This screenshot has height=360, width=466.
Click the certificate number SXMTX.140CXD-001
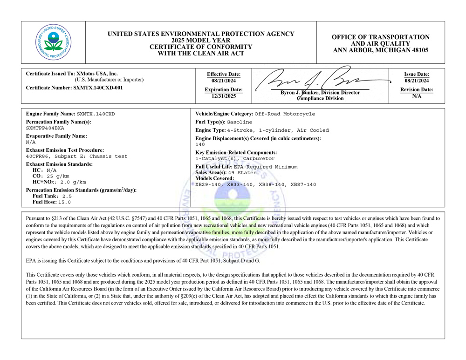[98, 88]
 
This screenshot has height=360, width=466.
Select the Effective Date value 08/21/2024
[224, 81]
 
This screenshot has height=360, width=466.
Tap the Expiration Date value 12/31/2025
[224, 96]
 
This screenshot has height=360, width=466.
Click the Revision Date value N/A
[417, 96]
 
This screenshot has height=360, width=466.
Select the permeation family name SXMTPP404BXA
[45, 128]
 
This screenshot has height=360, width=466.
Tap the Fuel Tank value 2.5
[67, 196]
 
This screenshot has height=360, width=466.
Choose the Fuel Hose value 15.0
[65, 202]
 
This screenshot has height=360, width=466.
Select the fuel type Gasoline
[240, 122]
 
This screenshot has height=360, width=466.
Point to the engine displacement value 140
[200, 144]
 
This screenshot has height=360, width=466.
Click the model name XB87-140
[304, 184]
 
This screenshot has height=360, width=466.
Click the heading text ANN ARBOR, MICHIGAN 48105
[380, 50]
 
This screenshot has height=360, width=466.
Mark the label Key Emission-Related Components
[236, 152]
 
